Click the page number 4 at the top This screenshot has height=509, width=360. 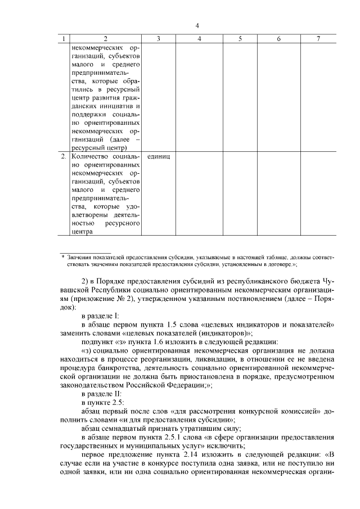197,25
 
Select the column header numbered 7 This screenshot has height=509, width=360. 318,38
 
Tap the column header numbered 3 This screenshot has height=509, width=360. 158,38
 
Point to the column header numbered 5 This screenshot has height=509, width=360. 240,38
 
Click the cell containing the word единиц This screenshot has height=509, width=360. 158,156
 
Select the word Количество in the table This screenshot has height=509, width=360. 89,156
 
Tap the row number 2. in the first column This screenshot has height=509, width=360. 64,156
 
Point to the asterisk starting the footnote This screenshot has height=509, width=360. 63,256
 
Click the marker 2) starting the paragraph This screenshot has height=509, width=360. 85,281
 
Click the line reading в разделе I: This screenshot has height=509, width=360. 100,317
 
